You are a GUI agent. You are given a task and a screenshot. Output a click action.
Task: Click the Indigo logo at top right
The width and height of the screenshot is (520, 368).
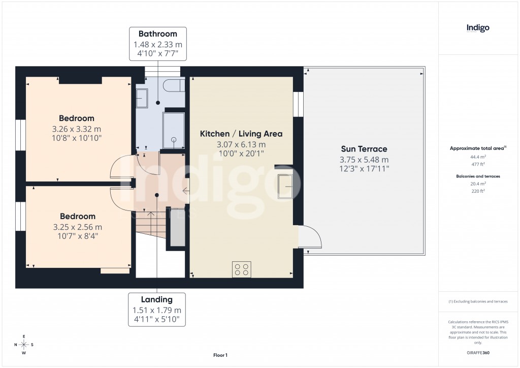point(478,28)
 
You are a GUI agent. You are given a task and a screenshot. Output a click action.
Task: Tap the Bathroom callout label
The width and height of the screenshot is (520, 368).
point(157,34)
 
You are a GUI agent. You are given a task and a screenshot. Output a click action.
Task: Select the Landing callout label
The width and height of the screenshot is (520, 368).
point(156,299)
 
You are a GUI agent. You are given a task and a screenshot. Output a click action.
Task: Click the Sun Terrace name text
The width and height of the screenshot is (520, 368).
point(364,149)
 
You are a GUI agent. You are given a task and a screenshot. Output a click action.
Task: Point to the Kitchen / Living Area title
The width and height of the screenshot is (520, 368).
point(241,134)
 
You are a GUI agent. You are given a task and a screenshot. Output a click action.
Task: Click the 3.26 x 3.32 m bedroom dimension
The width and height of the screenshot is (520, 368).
point(76,129)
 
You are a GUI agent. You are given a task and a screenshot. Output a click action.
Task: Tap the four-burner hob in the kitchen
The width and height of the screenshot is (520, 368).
point(241,269)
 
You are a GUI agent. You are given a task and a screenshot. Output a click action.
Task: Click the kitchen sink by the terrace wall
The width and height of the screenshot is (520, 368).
point(285,187)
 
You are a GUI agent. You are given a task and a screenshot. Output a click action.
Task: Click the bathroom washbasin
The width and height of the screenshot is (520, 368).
point(142,98)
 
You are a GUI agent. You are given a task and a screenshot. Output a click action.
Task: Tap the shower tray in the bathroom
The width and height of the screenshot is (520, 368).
point(173,130)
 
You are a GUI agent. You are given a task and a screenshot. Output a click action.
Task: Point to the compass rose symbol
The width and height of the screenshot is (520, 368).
point(23,345)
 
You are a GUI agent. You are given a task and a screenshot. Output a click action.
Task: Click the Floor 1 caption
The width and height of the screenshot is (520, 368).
point(220,355)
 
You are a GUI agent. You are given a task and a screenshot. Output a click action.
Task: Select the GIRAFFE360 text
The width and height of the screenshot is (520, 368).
point(477,353)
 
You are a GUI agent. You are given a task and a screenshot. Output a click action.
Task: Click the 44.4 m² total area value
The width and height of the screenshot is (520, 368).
point(477,158)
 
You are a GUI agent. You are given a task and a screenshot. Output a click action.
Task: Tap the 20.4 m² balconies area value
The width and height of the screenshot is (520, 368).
point(477,183)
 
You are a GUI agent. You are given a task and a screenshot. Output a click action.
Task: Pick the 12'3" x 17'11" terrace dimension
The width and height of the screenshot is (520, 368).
point(364,168)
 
